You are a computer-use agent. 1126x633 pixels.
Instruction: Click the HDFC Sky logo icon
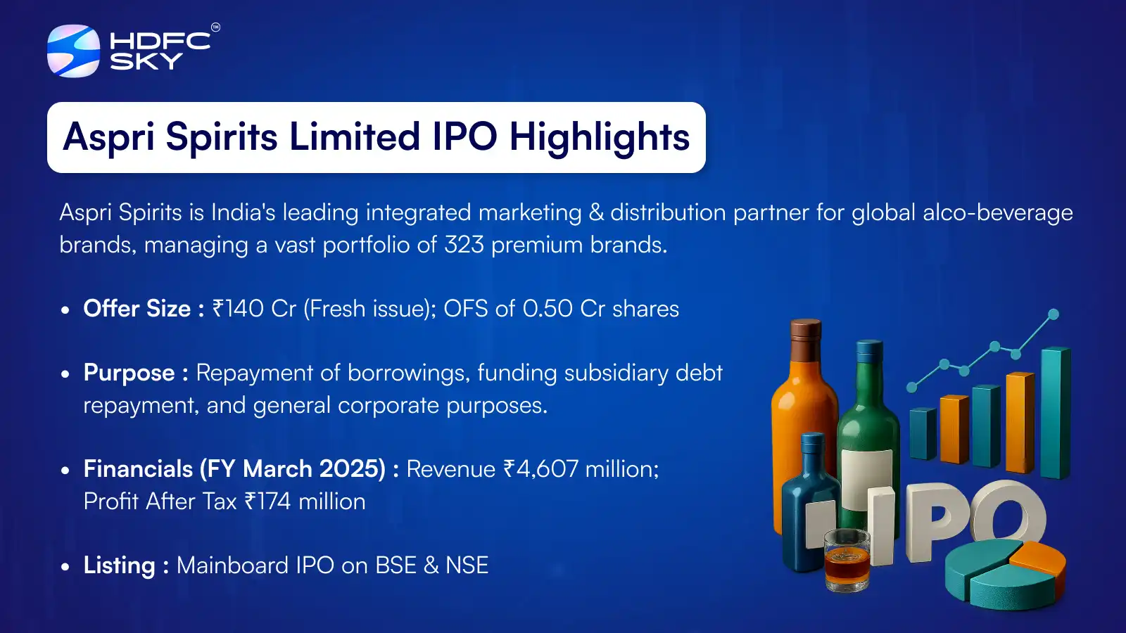point(73,51)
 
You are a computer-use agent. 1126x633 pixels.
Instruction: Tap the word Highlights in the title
point(599,137)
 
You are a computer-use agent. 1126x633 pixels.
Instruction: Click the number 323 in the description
point(464,245)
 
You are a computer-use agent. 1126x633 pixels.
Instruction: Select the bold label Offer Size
point(137,309)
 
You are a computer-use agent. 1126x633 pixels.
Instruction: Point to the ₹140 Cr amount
point(254,309)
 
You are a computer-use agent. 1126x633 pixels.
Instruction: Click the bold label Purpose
point(129,373)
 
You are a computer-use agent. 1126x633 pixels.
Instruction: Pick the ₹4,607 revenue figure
point(540,469)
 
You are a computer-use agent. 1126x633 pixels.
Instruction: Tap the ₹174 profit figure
point(267,501)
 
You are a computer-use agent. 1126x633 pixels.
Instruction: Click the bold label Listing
point(119,565)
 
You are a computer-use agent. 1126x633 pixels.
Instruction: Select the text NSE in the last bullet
point(467,565)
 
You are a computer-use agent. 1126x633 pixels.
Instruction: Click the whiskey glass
point(847,561)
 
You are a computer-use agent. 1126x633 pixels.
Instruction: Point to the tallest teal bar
point(1056,412)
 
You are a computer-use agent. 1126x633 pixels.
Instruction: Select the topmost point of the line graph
point(1054,314)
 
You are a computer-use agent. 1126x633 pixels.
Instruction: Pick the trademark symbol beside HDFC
point(215,27)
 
